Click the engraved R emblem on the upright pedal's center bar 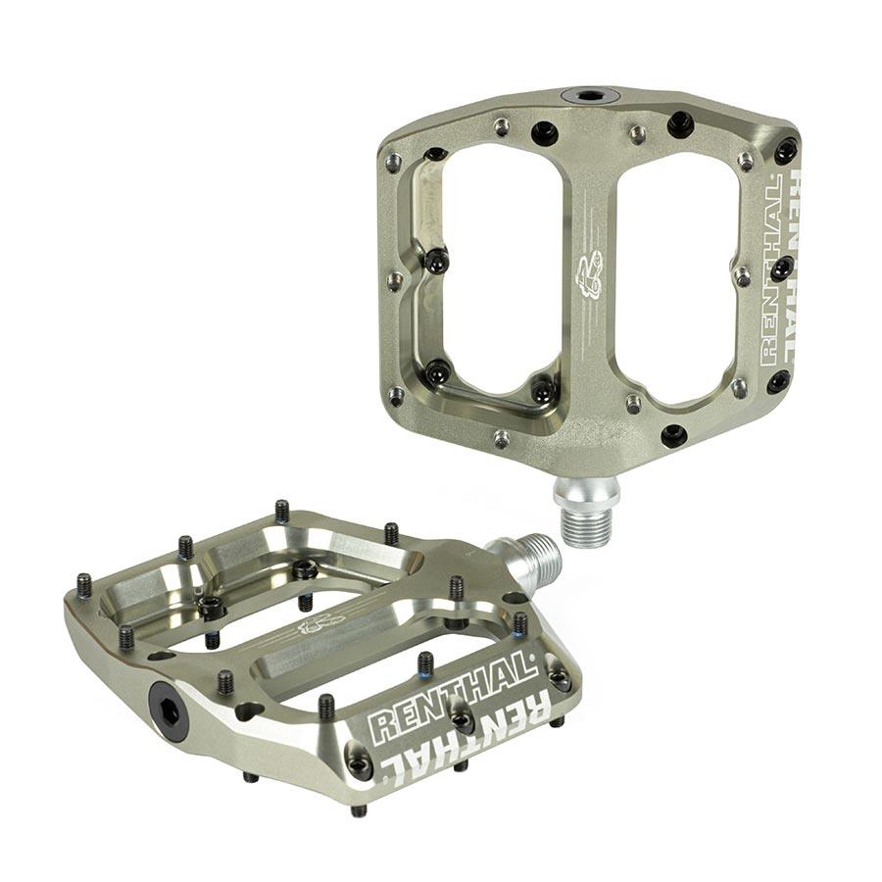coord(588,274)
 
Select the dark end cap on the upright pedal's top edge coord(589,96)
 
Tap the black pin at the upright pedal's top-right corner coord(786,151)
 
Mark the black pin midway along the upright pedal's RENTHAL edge coord(782,267)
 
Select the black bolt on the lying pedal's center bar coord(305,569)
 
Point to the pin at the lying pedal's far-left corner coord(84,585)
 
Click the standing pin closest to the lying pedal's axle coord(457,588)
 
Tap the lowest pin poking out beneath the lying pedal coord(360,809)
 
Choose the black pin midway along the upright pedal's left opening coord(437,261)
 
